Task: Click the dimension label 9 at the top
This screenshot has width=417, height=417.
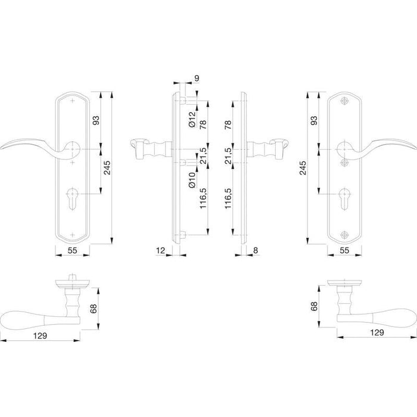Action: click(197, 78)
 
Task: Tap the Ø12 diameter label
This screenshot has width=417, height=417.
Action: click(192, 119)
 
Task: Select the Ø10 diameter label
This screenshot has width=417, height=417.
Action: click(192, 181)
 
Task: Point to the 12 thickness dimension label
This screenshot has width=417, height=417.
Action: click(160, 251)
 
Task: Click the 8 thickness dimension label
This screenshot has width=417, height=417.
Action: click(256, 251)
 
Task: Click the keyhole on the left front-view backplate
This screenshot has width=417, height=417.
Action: click(72, 199)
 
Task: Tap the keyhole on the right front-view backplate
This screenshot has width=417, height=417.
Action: click(344, 199)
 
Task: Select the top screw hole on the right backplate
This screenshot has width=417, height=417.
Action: click(344, 101)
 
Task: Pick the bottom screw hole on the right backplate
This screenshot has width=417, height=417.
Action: click(344, 235)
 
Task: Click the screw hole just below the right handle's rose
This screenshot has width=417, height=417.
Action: click(345, 163)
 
